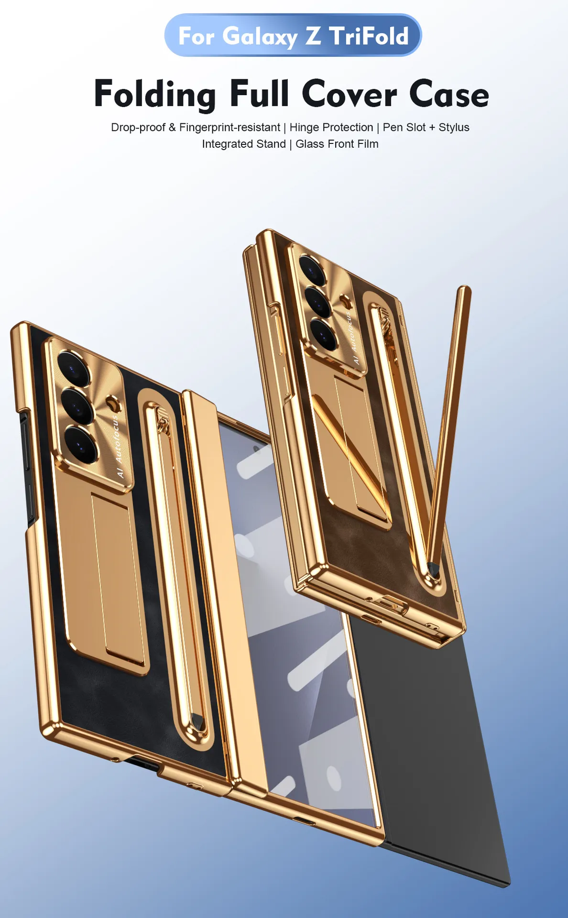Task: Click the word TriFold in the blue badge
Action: click(369, 36)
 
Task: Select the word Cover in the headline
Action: click(349, 94)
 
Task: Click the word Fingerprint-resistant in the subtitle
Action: click(229, 128)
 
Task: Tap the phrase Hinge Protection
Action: click(331, 128)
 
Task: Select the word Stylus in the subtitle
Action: click(454, 128)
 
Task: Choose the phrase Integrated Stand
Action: click(244, 144)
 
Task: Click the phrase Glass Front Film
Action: click(337, 144)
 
